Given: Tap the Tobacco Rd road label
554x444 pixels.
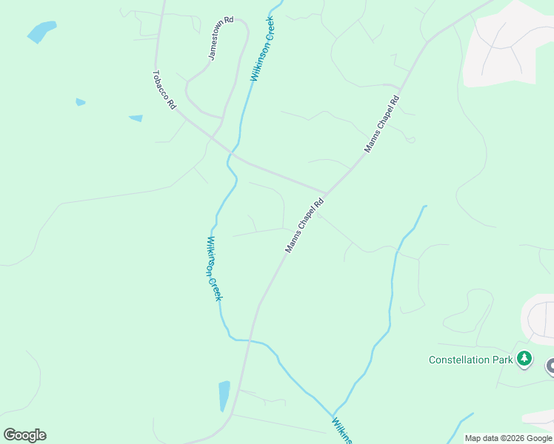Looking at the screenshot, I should pyautogui.click(x=164, y=90).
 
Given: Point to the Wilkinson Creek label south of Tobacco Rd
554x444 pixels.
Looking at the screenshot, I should pyautogui.click(x=213, y=268).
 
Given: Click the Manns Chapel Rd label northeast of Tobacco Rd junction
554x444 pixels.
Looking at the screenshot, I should pyautogui.click(x=381, y=124).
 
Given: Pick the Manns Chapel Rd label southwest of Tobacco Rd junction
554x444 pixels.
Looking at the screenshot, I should pyautogui.click(x=305, y=226).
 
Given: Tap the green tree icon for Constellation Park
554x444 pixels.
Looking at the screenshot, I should pyautogui.click(x=524, y=359).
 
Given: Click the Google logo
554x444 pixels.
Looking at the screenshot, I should pyautogui.click(x=24, y=435).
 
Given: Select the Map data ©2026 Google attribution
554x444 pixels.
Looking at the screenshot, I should pyautogui.click(x=508, y=438).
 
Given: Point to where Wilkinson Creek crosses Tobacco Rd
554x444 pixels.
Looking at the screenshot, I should pyautogui.click(x=230, y=153).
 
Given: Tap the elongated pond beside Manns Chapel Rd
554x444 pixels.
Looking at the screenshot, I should pyautogui.click(x=224, y=396).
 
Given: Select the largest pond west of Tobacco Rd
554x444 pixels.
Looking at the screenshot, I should pyautogui.click(x=41, y=32).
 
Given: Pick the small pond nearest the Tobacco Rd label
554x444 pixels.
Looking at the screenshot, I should pyautogui.click(x=136, y=118).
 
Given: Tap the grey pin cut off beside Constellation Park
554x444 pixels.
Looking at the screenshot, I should pyautogui.click(x=550, y=366).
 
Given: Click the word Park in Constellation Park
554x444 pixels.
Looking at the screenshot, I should pyautogui.click(x=501, y=360).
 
